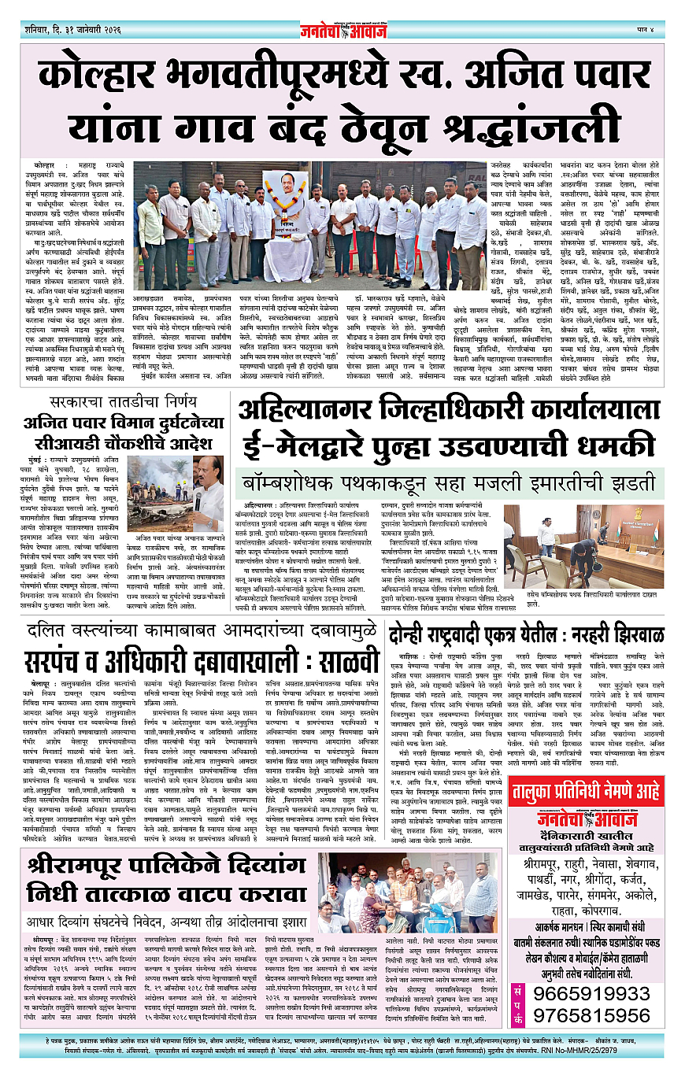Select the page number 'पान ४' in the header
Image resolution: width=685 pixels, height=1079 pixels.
pos(651,31)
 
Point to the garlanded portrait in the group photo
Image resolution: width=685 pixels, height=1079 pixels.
pos(286,201)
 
